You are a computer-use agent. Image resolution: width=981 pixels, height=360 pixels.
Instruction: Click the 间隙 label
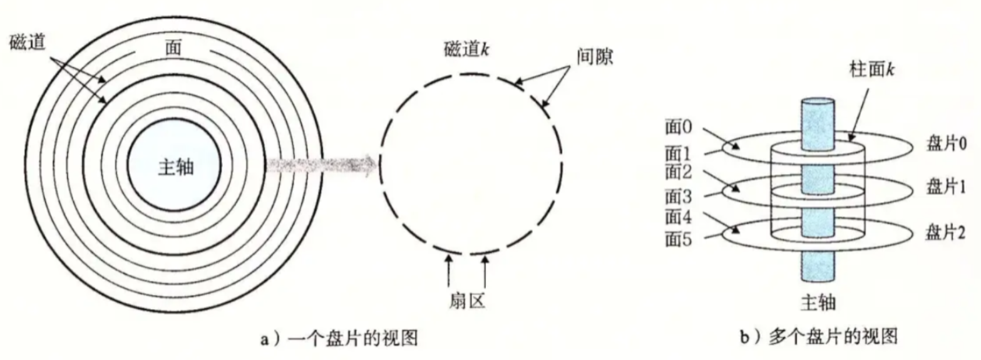(594, 58)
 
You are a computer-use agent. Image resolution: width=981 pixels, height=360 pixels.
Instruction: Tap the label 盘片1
(945, 187)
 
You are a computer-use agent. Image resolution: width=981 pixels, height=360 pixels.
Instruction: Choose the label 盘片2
(945, 233)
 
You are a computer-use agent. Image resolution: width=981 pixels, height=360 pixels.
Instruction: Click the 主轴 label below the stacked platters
(818, 303)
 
